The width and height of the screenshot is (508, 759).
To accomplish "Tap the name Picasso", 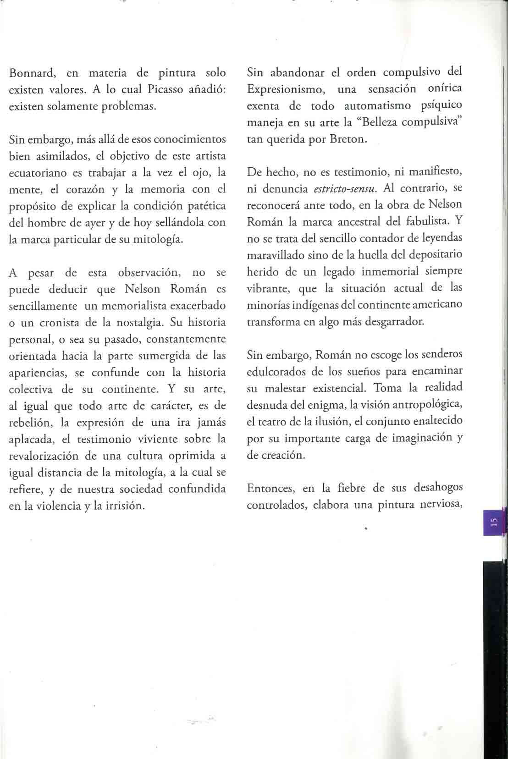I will [x=166, y=89].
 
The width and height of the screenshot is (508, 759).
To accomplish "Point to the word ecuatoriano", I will [x=38, y=173].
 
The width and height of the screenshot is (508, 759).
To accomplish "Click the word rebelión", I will [x=32, y=423].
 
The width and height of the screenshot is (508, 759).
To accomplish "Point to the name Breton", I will [x=348, y=139].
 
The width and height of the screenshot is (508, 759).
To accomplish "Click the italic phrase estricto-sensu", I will [x=345, y=189].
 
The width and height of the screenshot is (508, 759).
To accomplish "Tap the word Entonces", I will [x=270, y=488].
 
